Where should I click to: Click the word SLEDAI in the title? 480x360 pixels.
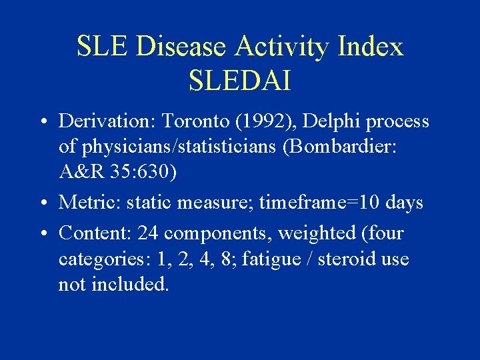click(x=239, y=81)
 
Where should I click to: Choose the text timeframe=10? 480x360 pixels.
click(x=315, y=202)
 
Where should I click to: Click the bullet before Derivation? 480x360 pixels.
click(x=42, y=123)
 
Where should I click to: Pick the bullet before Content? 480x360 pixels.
click(x=42, y=234)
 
